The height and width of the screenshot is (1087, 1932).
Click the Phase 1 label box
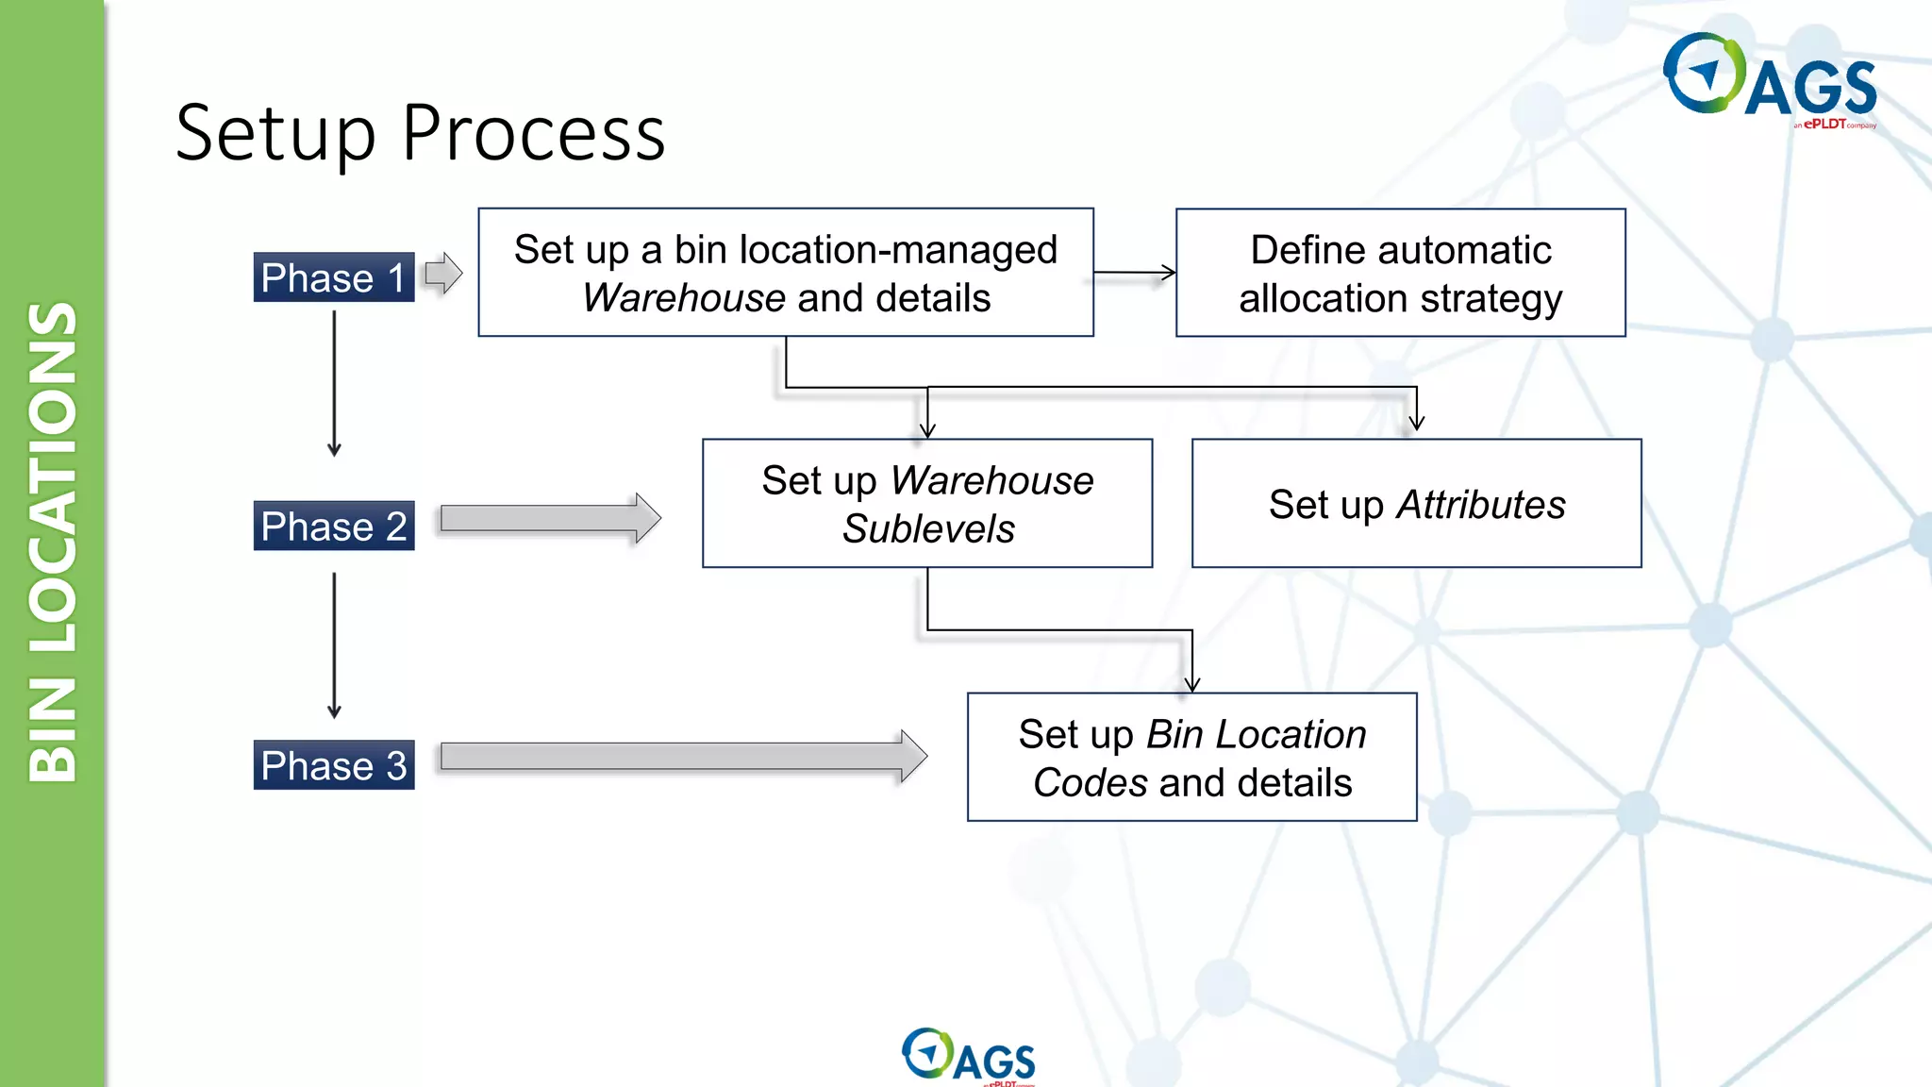click(x=333, y=277)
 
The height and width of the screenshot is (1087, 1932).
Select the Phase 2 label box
click(x=333, y=526)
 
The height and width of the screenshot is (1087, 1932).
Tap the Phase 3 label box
click(x=333, y=765)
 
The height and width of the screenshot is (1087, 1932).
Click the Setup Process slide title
click(x=420, y=133)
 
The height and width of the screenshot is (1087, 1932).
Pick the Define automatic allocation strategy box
click(x=1400, y=273)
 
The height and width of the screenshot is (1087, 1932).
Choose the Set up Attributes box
click(x=1416, y=503)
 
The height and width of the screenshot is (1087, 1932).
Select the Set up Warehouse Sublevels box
click(x=926, y=503)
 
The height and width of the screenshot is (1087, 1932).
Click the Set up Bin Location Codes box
click(x=1191, y=757)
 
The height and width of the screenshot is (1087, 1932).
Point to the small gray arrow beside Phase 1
click(x=443, y=274)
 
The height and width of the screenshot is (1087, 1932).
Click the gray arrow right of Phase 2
click(x=550, y=518)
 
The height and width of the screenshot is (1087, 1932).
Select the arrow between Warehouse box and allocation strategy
click(x=1135, y=273)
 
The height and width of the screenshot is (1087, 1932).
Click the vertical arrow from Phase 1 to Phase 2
click(x=334, y=383)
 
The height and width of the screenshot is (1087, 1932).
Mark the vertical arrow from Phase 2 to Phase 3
click(x=334, y=644)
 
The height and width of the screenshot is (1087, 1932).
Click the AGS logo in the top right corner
click(x=1769, y=81)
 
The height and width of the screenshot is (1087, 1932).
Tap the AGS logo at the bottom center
click(x=968, y=1056)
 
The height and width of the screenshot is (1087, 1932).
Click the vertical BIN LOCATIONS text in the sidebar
click(x=52, y=542)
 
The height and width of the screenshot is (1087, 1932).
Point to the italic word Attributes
click(x=1480, y=505)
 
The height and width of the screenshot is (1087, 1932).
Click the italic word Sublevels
click(x=928, y=528)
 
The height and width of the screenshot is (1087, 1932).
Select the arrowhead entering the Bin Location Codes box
click(x=1191, y=683)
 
